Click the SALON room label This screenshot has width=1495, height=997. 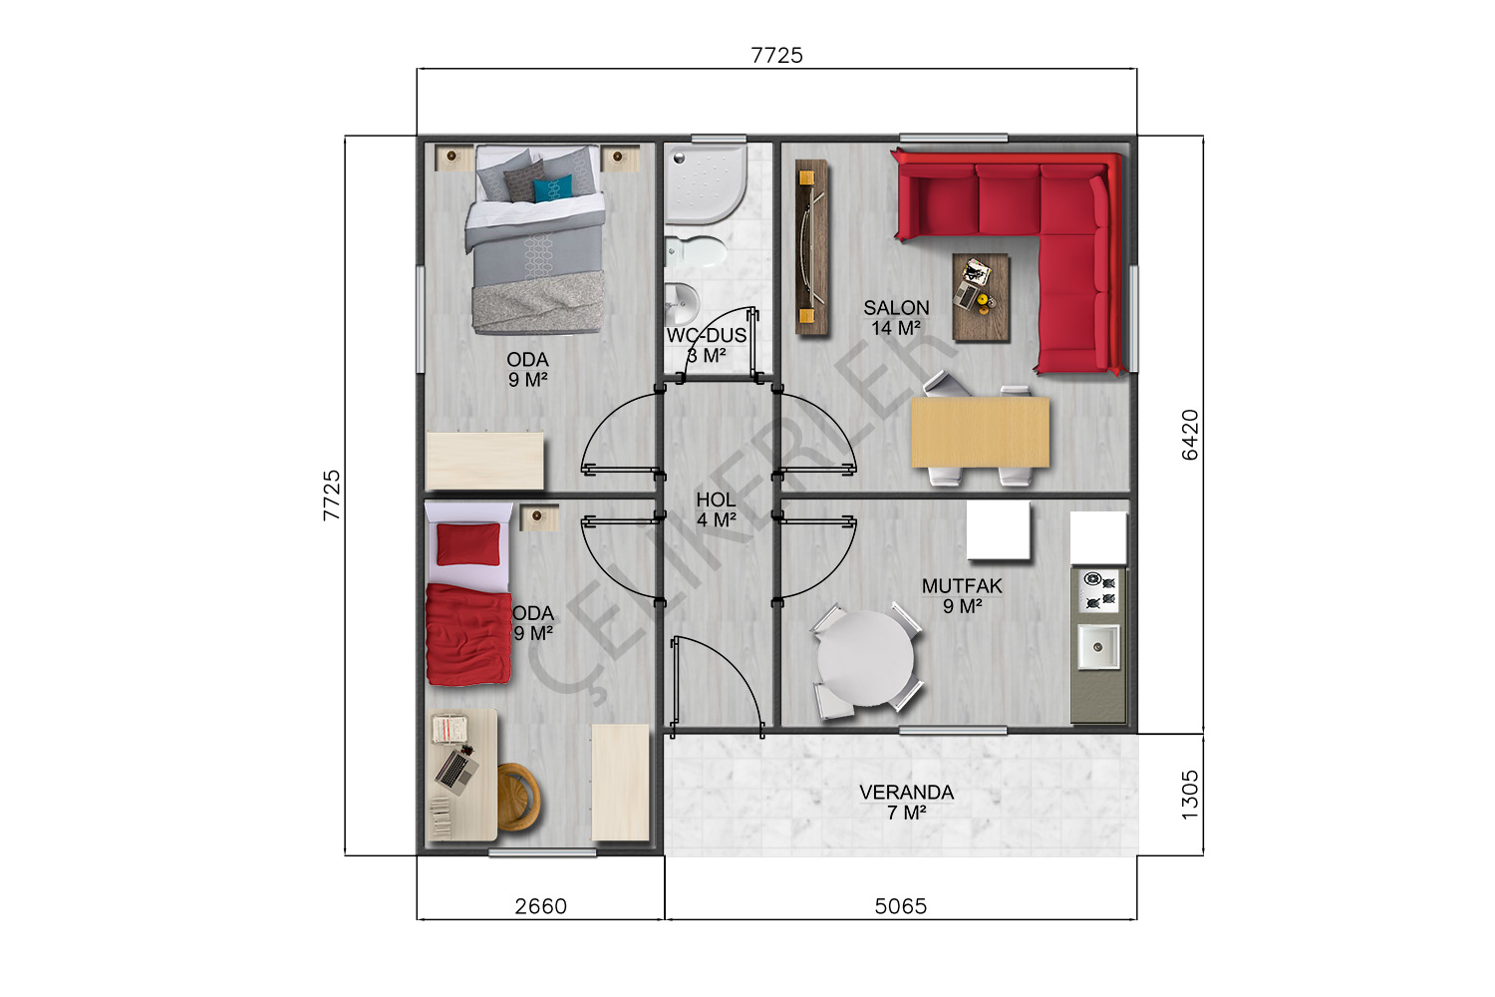tap(896, 308)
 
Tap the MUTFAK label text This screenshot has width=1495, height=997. tap(962, 586)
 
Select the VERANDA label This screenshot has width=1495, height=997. tap(906, 793)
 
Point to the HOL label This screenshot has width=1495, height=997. tap(716, 499)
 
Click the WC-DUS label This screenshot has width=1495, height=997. tap(706, 335)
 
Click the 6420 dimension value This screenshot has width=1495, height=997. tap(1190, 435)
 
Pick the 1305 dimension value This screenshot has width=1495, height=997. tap(1190, 795)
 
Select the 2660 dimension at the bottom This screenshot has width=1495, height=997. tap(540, 906)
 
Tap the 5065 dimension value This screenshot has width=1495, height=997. tap(901, 906)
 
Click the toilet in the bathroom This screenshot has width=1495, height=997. tap(696, 252)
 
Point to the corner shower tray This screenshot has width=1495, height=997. tap(706, 183)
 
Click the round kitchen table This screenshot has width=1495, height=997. tap(866, 658)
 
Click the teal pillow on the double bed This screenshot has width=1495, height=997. tap(553, 187)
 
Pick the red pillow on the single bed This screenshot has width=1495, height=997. tap(468, 543)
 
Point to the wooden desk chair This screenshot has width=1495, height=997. tap(518, 797)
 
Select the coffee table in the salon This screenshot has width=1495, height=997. tap(981, 297)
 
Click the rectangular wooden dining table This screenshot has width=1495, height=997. tap(981, 432)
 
